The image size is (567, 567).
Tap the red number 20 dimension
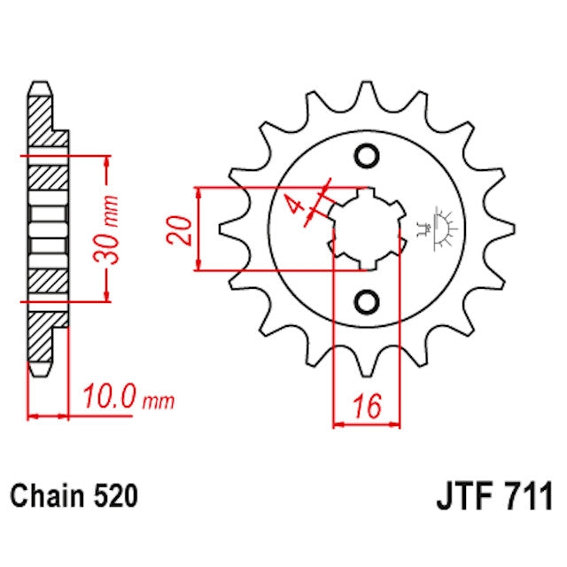[177, 229]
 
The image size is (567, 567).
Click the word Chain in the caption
[50, 495]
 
